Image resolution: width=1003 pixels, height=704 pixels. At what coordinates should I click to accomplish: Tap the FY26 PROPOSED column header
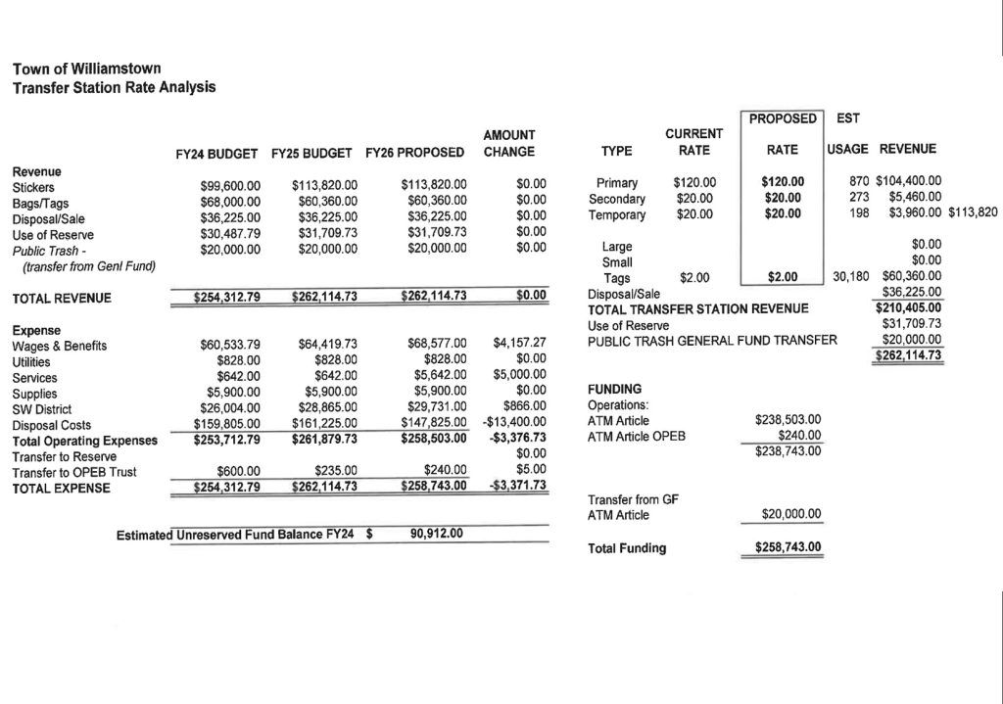click(x=414, y=153)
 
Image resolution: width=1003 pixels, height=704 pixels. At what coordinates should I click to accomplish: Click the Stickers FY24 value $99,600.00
click(x=230, y=184)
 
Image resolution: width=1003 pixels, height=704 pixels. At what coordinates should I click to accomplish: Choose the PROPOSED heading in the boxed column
click(x=783, y=118)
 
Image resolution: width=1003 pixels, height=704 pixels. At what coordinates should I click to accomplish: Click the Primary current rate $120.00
click(x=694, y=183)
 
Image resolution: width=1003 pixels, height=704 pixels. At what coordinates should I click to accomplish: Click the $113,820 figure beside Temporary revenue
click(x=973, y=212)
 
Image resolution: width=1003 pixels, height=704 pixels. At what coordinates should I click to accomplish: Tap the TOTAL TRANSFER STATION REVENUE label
click(x=697, y=308)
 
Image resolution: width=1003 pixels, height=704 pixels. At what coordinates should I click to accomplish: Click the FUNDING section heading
click(x=614, y=389)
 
